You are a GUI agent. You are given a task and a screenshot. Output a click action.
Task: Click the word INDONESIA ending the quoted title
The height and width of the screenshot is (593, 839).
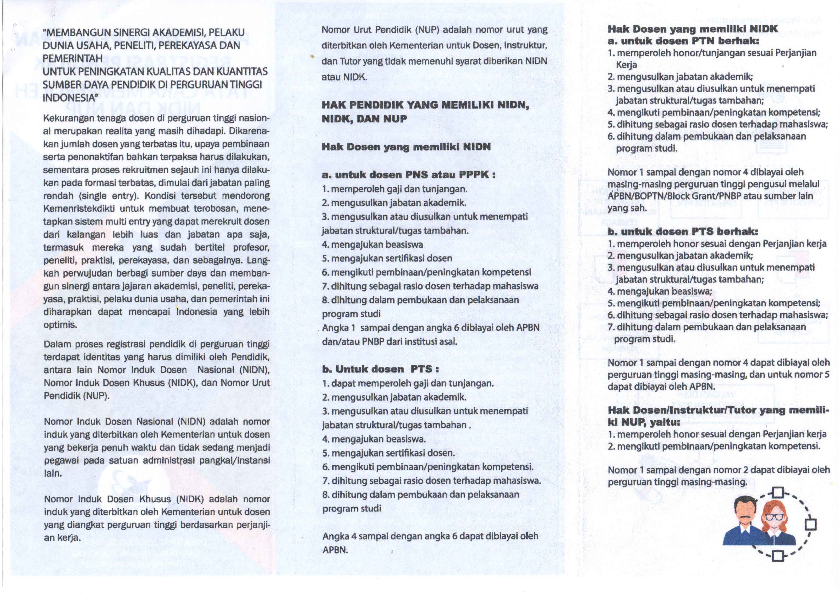point(69,98)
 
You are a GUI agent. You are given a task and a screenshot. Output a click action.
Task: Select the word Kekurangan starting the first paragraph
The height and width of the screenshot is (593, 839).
point(68,118)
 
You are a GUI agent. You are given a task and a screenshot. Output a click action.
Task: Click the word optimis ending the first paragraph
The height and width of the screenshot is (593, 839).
point(60,325)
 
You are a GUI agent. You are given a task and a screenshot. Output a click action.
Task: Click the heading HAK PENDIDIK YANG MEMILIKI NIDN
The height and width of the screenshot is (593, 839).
point(425,105)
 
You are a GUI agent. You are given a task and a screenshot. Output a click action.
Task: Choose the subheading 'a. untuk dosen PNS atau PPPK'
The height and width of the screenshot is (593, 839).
point(408,175)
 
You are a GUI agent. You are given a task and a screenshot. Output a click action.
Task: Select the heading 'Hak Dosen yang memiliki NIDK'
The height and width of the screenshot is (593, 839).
point(692,29)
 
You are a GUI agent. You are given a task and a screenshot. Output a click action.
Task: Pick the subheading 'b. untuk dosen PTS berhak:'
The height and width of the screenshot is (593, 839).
point(683,232)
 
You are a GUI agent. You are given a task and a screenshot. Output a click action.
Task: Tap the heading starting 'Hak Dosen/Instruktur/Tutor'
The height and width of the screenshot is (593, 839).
point(718,410)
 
